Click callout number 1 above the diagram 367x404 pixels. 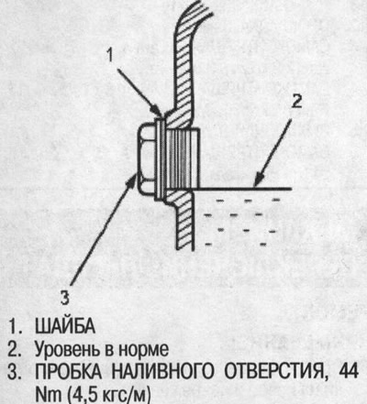tap(110, 56)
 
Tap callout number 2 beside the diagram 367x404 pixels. tap(296, 101)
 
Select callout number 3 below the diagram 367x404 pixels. tap(65, 298)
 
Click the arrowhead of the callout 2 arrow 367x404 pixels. tap(259, 180)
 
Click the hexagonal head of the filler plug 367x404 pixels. tap(146, 158)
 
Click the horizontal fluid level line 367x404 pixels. tap(242, 189)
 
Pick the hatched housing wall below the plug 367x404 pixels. tap(181, 221)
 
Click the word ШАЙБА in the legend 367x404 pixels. tap(65, 326)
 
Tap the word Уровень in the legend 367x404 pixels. tap(67, 350)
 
